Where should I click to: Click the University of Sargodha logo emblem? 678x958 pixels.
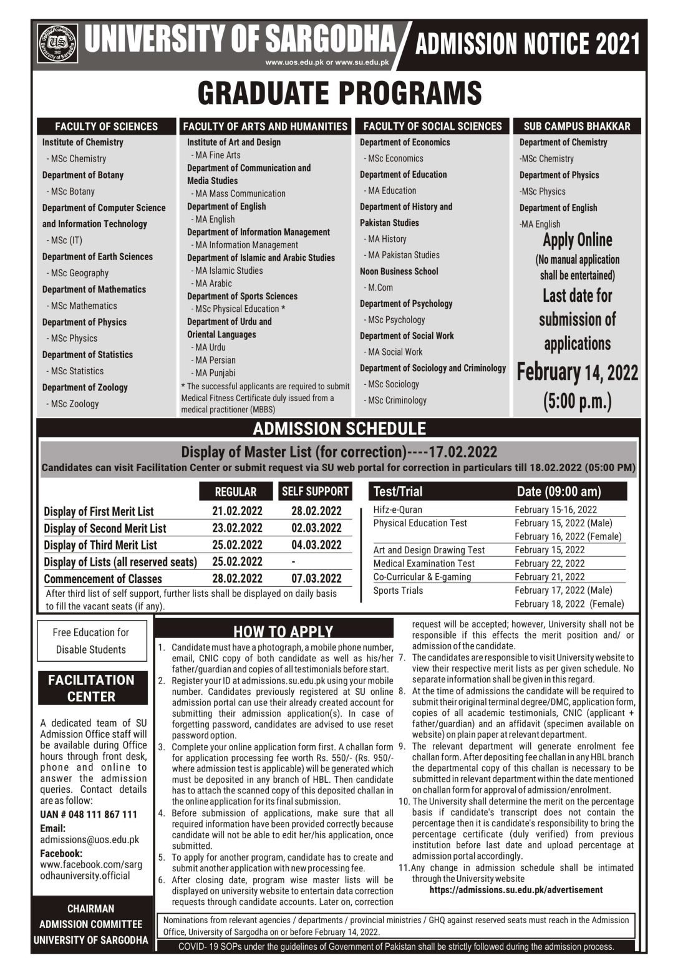tap(57, 43)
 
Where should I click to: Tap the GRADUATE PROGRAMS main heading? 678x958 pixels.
tap(339, 93)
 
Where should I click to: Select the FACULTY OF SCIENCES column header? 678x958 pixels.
tap(106, 126)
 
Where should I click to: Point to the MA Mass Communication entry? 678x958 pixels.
tap(240, 193)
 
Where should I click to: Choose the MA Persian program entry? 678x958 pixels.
tap(215, 360)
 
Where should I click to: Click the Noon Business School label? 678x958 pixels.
tap(399, 271)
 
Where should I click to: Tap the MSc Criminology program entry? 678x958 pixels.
tap(397, 400)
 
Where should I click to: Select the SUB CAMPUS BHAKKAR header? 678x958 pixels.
tap(576, 126)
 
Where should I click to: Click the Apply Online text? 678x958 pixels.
tap(577, 240)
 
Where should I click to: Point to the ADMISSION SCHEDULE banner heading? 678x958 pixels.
tap(339, 428)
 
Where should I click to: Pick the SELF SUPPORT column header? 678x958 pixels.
tap(316, 491)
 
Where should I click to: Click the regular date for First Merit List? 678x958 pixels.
tap(237, 511)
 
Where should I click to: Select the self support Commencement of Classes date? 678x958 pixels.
tap(316, 578)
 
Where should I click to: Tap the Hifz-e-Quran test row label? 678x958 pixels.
tap(397, 510)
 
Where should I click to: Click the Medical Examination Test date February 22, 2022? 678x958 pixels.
tap(550, 563)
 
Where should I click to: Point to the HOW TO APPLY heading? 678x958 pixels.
tap(283, 631)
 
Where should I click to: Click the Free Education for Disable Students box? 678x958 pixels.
tap(91, 641)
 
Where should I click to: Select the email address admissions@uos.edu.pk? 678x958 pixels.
tap(89, 840)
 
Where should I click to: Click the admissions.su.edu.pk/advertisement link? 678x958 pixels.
tap(516, 889)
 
